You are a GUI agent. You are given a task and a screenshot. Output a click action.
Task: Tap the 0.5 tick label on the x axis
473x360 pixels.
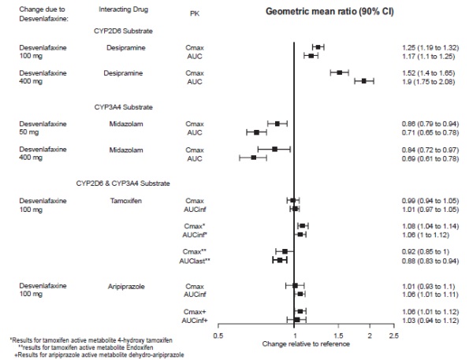point(218,334)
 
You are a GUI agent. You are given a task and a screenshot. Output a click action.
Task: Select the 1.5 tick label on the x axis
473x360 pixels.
point(338,334)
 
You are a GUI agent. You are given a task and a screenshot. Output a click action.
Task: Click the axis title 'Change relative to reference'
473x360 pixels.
point(305,344)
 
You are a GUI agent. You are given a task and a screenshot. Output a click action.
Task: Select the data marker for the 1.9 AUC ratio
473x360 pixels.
point(363,81)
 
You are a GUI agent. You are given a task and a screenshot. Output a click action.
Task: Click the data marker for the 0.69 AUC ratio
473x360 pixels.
point(254,158)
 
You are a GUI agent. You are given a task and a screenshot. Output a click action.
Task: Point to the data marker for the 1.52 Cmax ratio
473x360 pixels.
point(339,72)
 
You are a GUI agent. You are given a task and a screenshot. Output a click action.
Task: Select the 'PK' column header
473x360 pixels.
point(195,13)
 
